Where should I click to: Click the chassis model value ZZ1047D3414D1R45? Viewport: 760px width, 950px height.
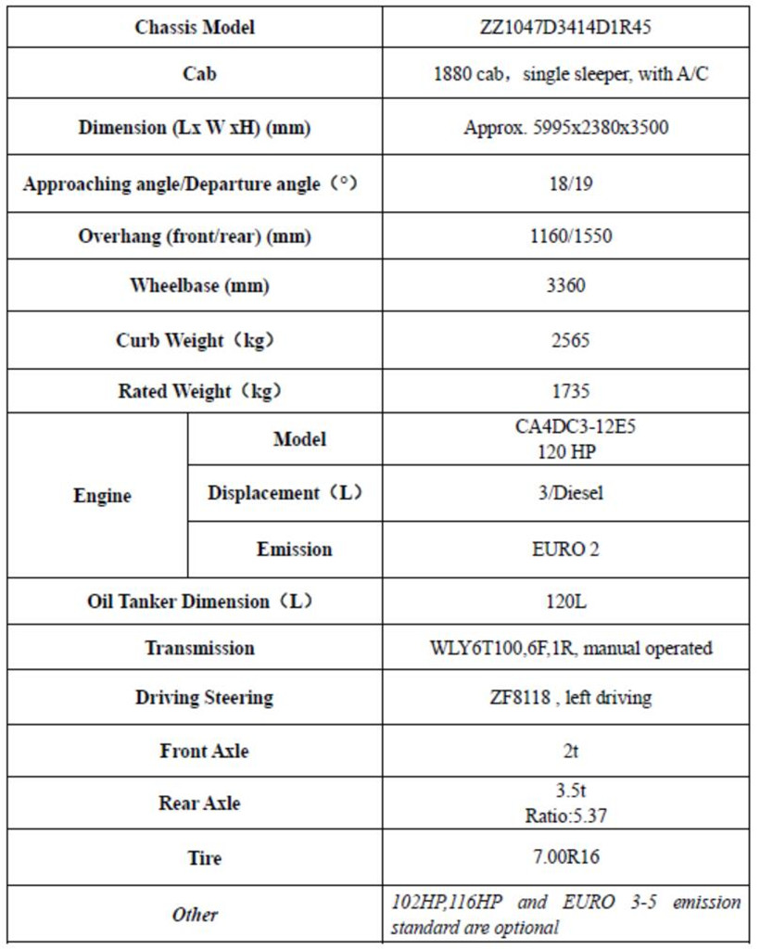(x=565, y=27)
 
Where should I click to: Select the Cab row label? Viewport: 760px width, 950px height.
(x=194, y=74)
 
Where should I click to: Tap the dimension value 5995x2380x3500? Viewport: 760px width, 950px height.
(x=565, y=128)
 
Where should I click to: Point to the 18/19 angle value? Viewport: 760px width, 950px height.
(x=565, y=183)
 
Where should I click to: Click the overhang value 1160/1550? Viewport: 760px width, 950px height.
(x=565, y=236)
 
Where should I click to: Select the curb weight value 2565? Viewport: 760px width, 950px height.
(x=565, y=339)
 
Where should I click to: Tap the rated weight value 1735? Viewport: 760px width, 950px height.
(x=565, y=391)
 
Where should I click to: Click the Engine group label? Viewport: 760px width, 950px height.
(x=102, y=496)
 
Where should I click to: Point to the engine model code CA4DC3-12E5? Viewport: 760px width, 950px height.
(x=565, y=429)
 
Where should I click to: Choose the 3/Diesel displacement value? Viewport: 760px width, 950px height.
(x=565, y=493)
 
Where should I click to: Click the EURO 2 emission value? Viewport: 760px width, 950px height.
(x=565, y=549)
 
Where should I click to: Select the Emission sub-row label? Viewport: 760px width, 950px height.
(x=294, y=549)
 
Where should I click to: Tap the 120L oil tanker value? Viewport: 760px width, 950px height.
(x=565, y=602)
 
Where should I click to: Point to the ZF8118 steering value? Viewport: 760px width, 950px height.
(x=565, y=698)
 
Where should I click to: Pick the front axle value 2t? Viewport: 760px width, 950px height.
(x=565, y=751)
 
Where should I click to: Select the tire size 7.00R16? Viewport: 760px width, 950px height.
(x=565, y=857)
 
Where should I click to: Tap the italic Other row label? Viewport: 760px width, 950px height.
(x=195, y=915)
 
